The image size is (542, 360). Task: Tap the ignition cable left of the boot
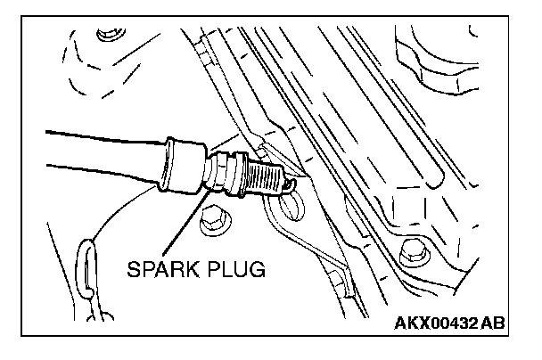click(89, 151)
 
